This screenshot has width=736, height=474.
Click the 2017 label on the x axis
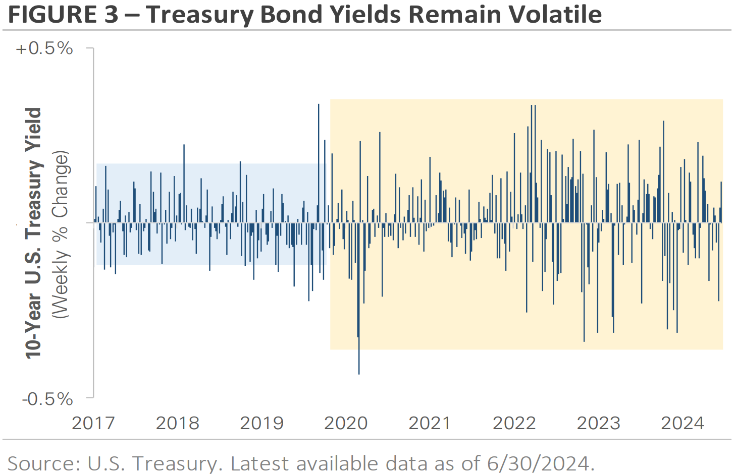click(x=93, y=423)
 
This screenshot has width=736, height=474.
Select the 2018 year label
click(x=177, y=423)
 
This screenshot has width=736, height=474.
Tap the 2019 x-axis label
click(x=261, y=423)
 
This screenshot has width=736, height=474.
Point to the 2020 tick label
click(x=346, y=423)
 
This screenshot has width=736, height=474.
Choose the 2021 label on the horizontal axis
click(x=430, y=423)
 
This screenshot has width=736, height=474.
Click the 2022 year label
click(x=514, y=423)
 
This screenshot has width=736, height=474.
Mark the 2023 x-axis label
click(x=598, y=423)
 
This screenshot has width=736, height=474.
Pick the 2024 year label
click(x=682, y=423)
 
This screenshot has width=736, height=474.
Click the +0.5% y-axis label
click(x=44, y=48)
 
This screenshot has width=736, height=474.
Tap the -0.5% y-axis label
click(x=47, y=399)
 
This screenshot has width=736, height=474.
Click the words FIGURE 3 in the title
click(x=63, y=15)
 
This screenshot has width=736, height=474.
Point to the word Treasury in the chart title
click(x=200, y=15)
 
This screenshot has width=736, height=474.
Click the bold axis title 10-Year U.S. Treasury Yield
click(x=33, y=233)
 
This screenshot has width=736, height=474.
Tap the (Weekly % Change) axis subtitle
click(x=61, y=234)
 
